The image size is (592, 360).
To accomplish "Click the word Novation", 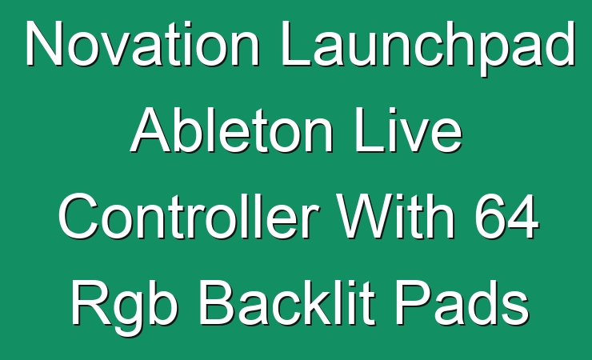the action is tap(142, 43).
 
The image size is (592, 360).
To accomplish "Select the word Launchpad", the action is tap(428, 48).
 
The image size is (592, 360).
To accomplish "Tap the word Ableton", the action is tap(232, 130).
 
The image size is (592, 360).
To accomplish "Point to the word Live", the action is tap(409, 130).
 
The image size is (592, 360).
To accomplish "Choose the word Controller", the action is tap(188, 216).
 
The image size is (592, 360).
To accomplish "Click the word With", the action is tap(396, 216).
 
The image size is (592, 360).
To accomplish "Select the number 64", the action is tap(506, 217).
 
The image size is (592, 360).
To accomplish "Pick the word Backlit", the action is tap(287, 302).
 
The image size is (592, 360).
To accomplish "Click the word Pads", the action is tap(462, 302).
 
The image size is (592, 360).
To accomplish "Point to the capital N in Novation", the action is tap(44, 43).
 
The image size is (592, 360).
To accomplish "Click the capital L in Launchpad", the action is tap(296, 43).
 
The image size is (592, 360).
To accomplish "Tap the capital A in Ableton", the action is tap(152, 130).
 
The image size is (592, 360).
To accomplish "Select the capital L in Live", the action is tap(369, 130).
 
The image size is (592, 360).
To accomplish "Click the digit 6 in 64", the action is tap(490, 217).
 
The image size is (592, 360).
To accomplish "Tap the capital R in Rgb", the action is tap(91, 302).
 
